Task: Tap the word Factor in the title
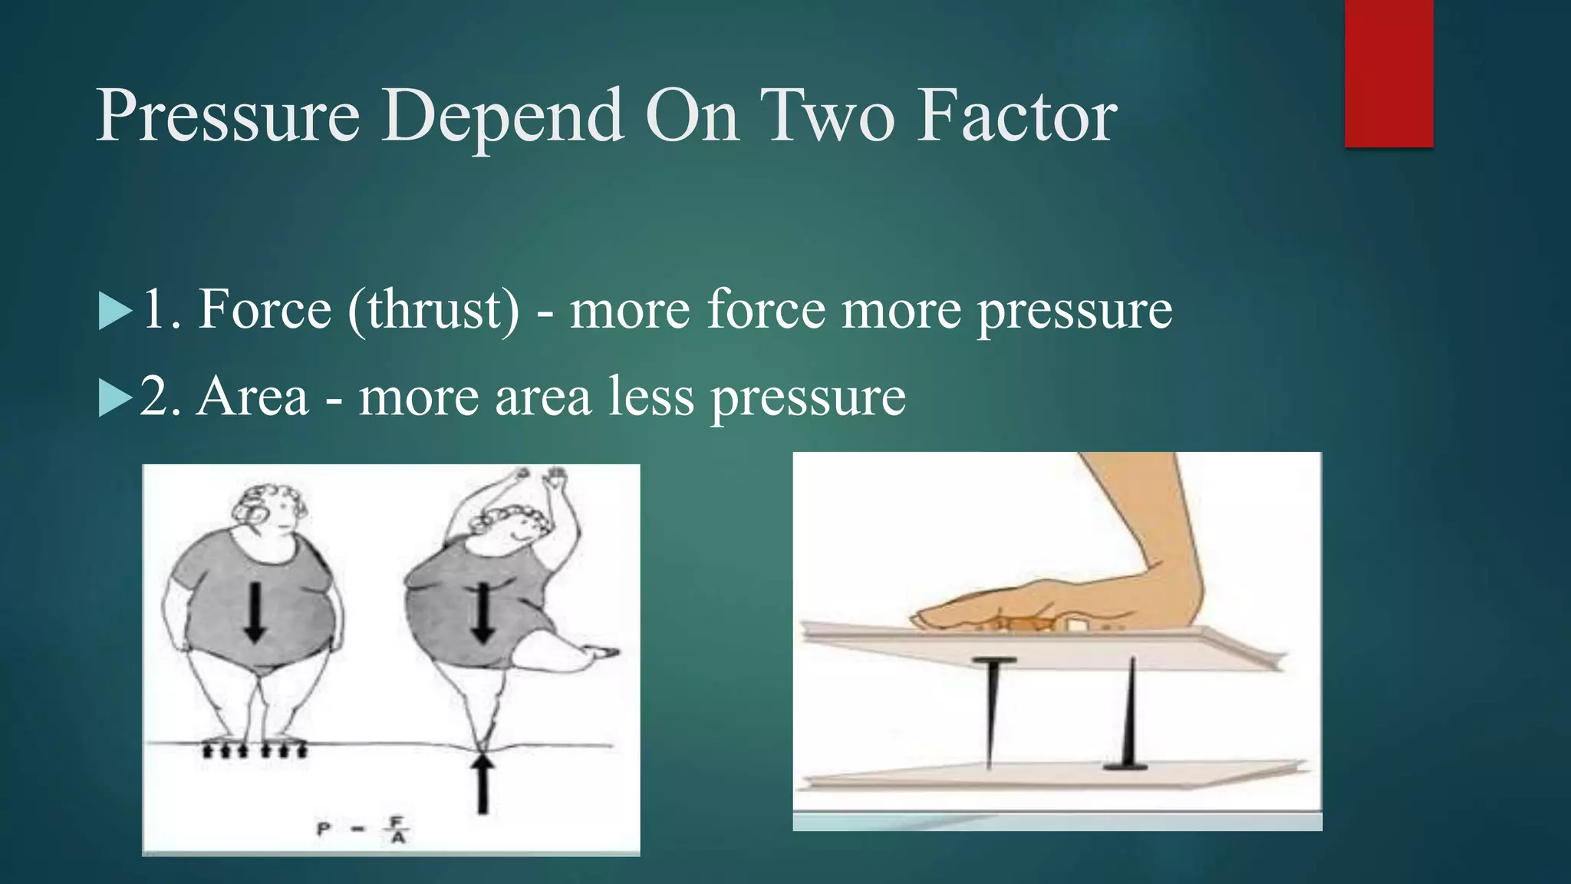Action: [x=1018, y=117]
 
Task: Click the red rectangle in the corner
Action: [x=1388, y=73]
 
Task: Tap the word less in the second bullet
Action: [x=651, y=397]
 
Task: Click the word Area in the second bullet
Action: [x=252, y=397]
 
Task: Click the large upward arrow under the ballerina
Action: [x=482, y=783]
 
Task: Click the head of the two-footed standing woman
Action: [x=272, y=510]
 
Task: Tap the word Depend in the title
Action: [x=502, y=117]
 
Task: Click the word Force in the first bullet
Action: [x=265, y=310]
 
